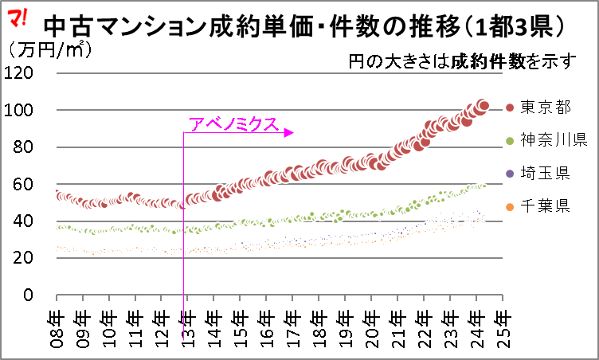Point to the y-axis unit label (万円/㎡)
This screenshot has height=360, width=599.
tap(48, 49)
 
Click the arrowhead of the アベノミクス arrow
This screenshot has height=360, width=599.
tap(289, 133)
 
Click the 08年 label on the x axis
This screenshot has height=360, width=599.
tap(59, 324)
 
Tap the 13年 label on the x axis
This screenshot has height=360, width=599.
tap(189, 324)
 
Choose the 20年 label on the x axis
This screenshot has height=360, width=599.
tap(371, 324)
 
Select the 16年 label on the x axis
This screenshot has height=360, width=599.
tap(268, 324)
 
